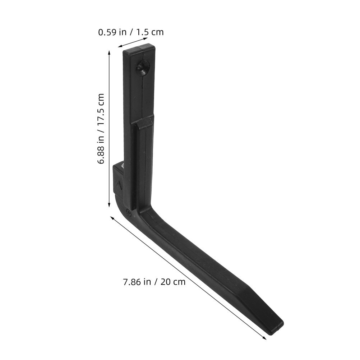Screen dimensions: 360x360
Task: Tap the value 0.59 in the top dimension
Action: tap(107, 32)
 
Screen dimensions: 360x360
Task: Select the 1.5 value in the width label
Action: tap(143, 32)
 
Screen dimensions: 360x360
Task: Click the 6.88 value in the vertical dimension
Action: tap(101, 154)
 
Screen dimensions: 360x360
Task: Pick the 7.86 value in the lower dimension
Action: tap(132, 282)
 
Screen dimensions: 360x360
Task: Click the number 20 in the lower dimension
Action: tap(165, 282)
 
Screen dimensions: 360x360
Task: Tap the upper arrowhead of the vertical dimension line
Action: tap(109, 53)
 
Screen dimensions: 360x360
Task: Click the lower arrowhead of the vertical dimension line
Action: tap(109, 204)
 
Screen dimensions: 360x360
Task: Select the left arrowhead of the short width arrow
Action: tap(120, 46)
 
